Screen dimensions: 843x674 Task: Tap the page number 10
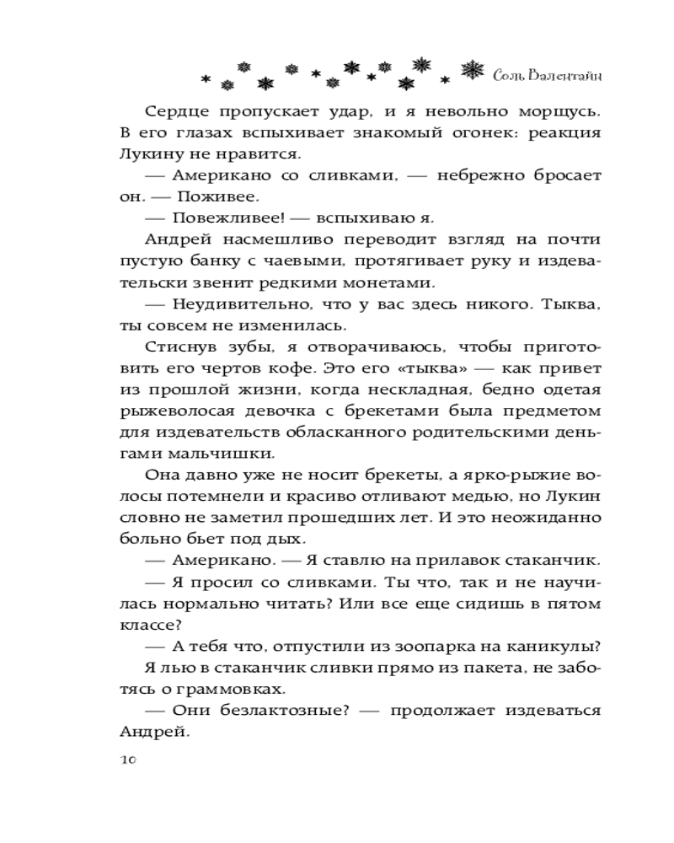coord(123,759)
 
